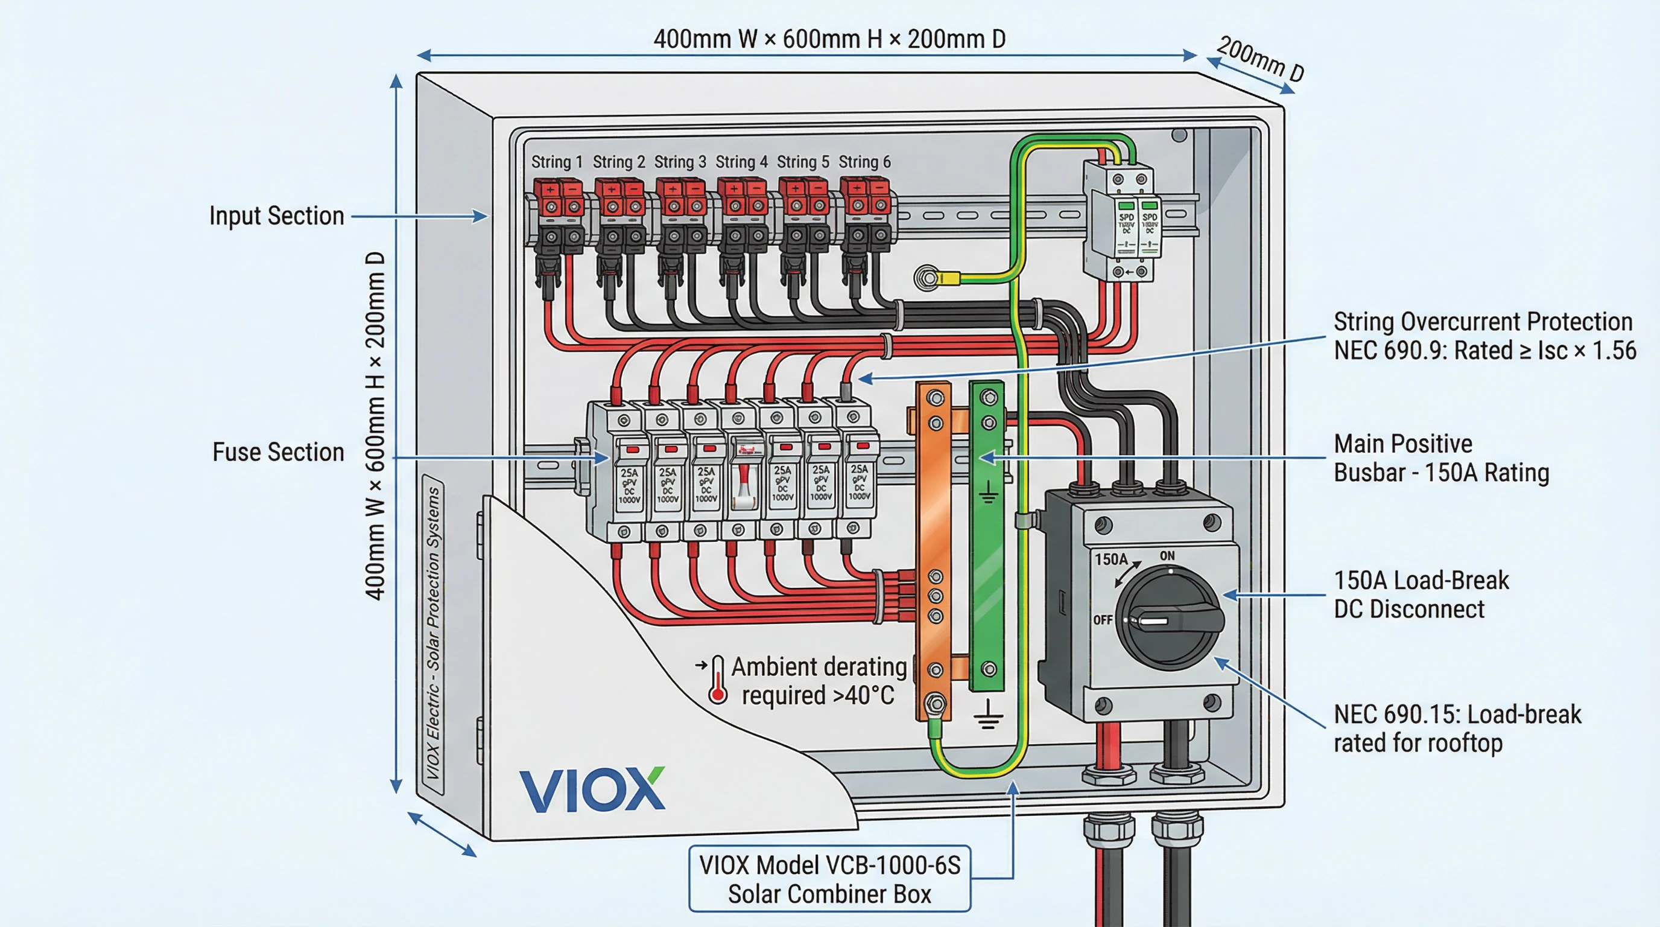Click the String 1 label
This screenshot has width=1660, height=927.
pos(556,162)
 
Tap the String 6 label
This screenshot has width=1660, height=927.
pos(864,162)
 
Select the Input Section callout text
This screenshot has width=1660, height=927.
pos(276,216)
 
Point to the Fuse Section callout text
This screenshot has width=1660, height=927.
pos(279,452)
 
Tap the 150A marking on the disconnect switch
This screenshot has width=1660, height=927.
pos(1111,559)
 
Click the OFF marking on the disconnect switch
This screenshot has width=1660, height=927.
pos(1103,619)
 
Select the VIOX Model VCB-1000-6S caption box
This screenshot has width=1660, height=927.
pos(829,879)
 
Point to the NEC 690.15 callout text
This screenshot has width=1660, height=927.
pos(1457,728)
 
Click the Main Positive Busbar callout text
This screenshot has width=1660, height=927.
pos(1441,458)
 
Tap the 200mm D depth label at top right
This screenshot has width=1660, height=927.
pos(1260,59)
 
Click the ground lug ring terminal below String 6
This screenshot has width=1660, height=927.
pos(927,278)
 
